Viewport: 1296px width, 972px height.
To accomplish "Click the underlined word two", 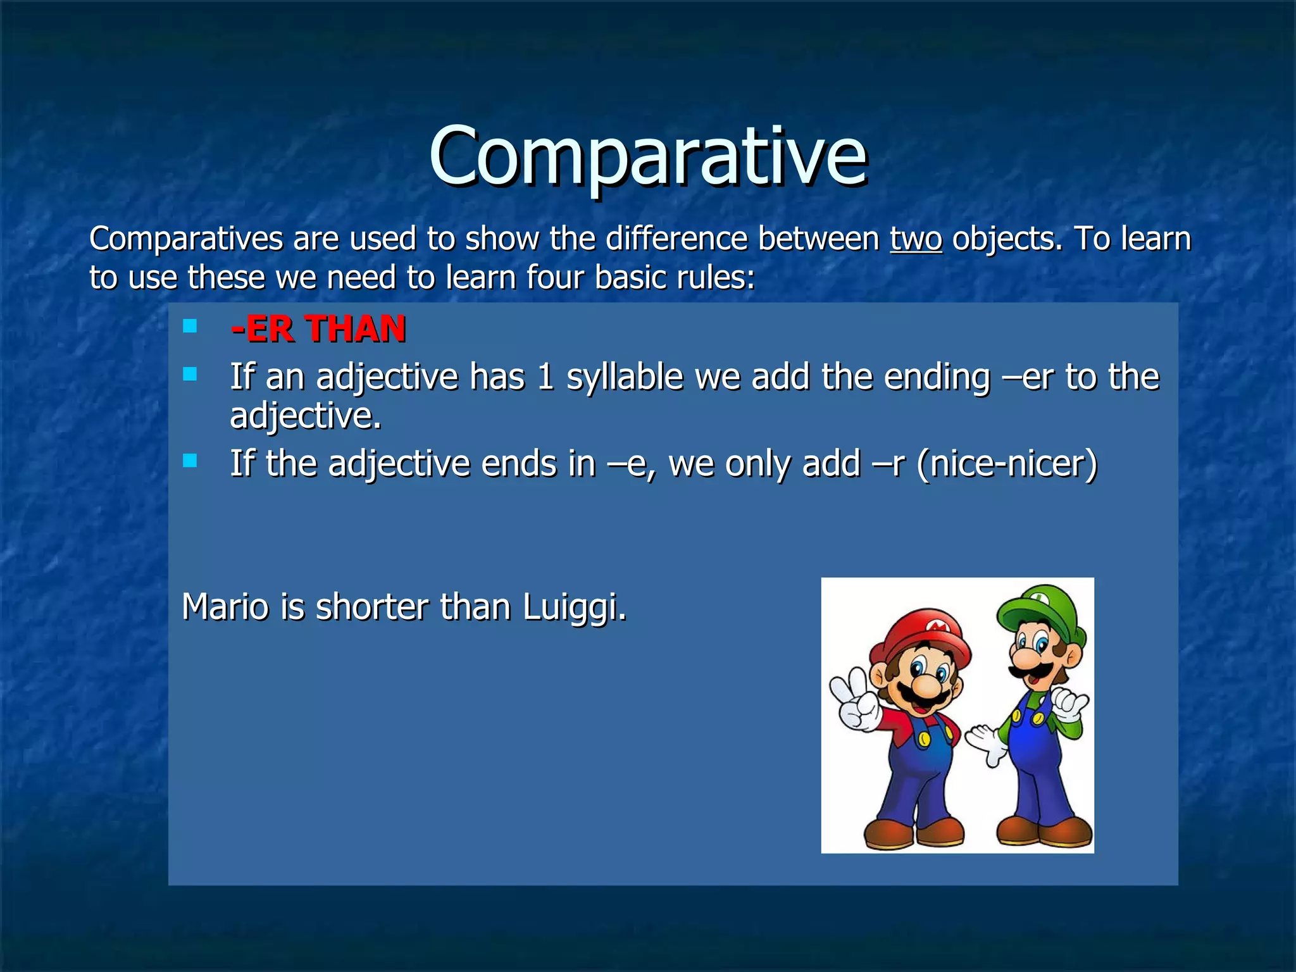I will pyautogui.click(x=916, y=240).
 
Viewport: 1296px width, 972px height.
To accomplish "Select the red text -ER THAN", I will pyautogui.click(x=318, y=329).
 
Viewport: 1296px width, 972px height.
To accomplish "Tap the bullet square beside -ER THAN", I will pyautogui.click(x=190, y=327).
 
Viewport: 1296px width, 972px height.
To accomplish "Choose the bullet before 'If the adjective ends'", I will pyautogui.click(x=190, y=460).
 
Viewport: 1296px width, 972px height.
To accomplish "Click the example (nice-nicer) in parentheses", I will pyautogui.click(x=1007, y=464).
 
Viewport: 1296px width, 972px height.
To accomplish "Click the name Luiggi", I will pyautogui.click(x=574, y=607).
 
